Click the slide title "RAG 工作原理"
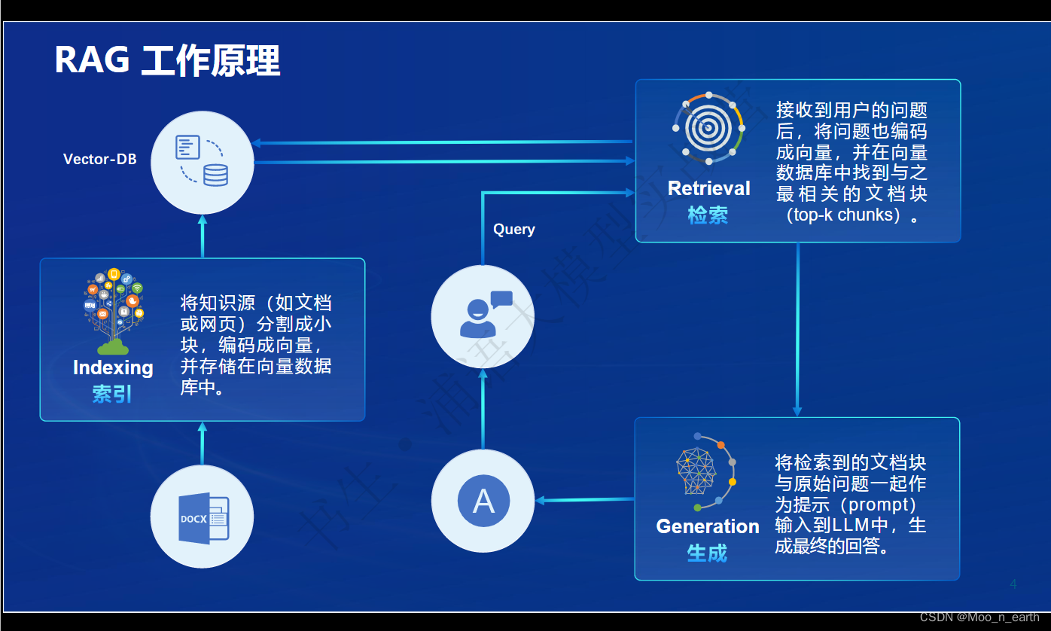[167, 60]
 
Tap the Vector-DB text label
[100, 159]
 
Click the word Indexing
[113, 367]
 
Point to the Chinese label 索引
[112, 393]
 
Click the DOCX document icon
[203, 517]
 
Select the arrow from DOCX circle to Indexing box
[202, 444]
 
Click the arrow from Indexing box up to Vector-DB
[202, 236]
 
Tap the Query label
[514, 229]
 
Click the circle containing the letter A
[483, 501]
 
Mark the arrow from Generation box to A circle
[584, 500]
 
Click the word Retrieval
[709, 188]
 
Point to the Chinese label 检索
[708, 215]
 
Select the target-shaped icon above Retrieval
[708, 129]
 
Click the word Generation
[708, 526]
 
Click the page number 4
[1013, 584]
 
